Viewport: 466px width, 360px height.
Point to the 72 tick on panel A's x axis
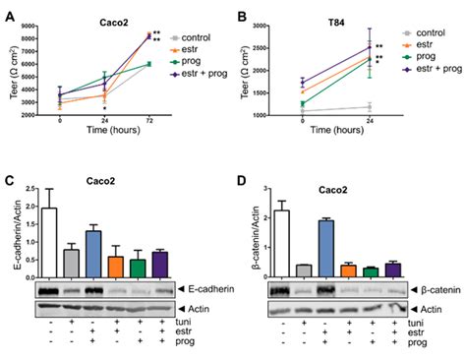[149, 119]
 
